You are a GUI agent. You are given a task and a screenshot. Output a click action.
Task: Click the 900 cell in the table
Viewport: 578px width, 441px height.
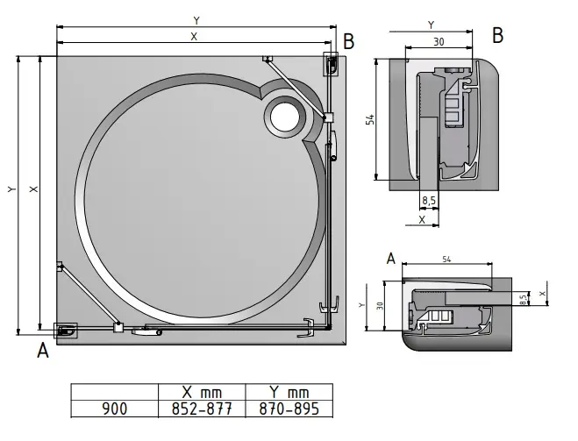click(116, 409)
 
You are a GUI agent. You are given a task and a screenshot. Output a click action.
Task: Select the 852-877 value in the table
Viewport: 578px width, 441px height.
click(201, 409)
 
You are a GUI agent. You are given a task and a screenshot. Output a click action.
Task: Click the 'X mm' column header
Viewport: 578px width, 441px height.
click(201, 393)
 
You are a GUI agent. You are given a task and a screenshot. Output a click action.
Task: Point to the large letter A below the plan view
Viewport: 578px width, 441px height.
click(41, 352)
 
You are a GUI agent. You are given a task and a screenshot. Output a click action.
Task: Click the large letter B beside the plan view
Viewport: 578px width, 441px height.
click(348, 41)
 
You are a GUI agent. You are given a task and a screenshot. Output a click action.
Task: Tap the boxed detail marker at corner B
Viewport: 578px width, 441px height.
click(332, 64)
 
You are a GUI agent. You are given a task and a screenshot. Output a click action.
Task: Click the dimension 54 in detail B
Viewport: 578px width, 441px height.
click(371, 120)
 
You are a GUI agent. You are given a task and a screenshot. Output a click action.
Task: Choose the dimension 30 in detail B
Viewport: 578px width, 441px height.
click(438, 41)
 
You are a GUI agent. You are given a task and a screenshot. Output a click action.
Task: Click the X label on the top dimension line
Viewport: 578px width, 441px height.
click(193, 36)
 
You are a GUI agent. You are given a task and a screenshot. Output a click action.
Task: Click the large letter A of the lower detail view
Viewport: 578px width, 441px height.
click(391, 257)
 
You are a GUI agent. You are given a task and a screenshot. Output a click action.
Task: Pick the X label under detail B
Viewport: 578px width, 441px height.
click(423, 220)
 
